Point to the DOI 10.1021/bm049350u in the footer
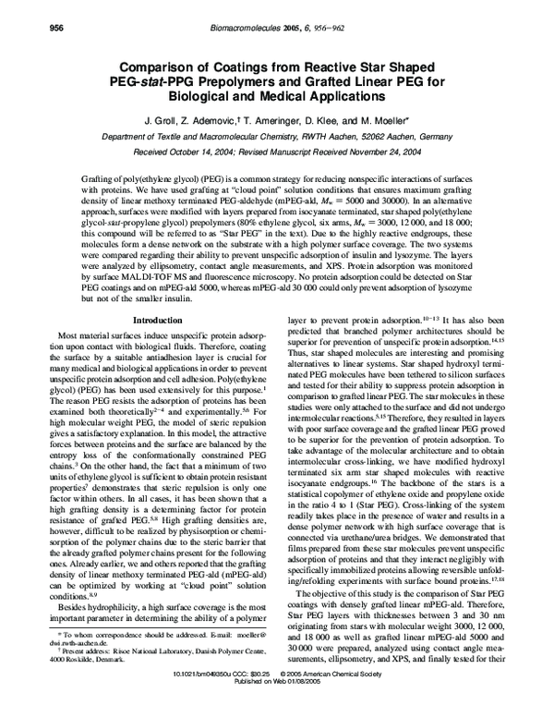point(206,699)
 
